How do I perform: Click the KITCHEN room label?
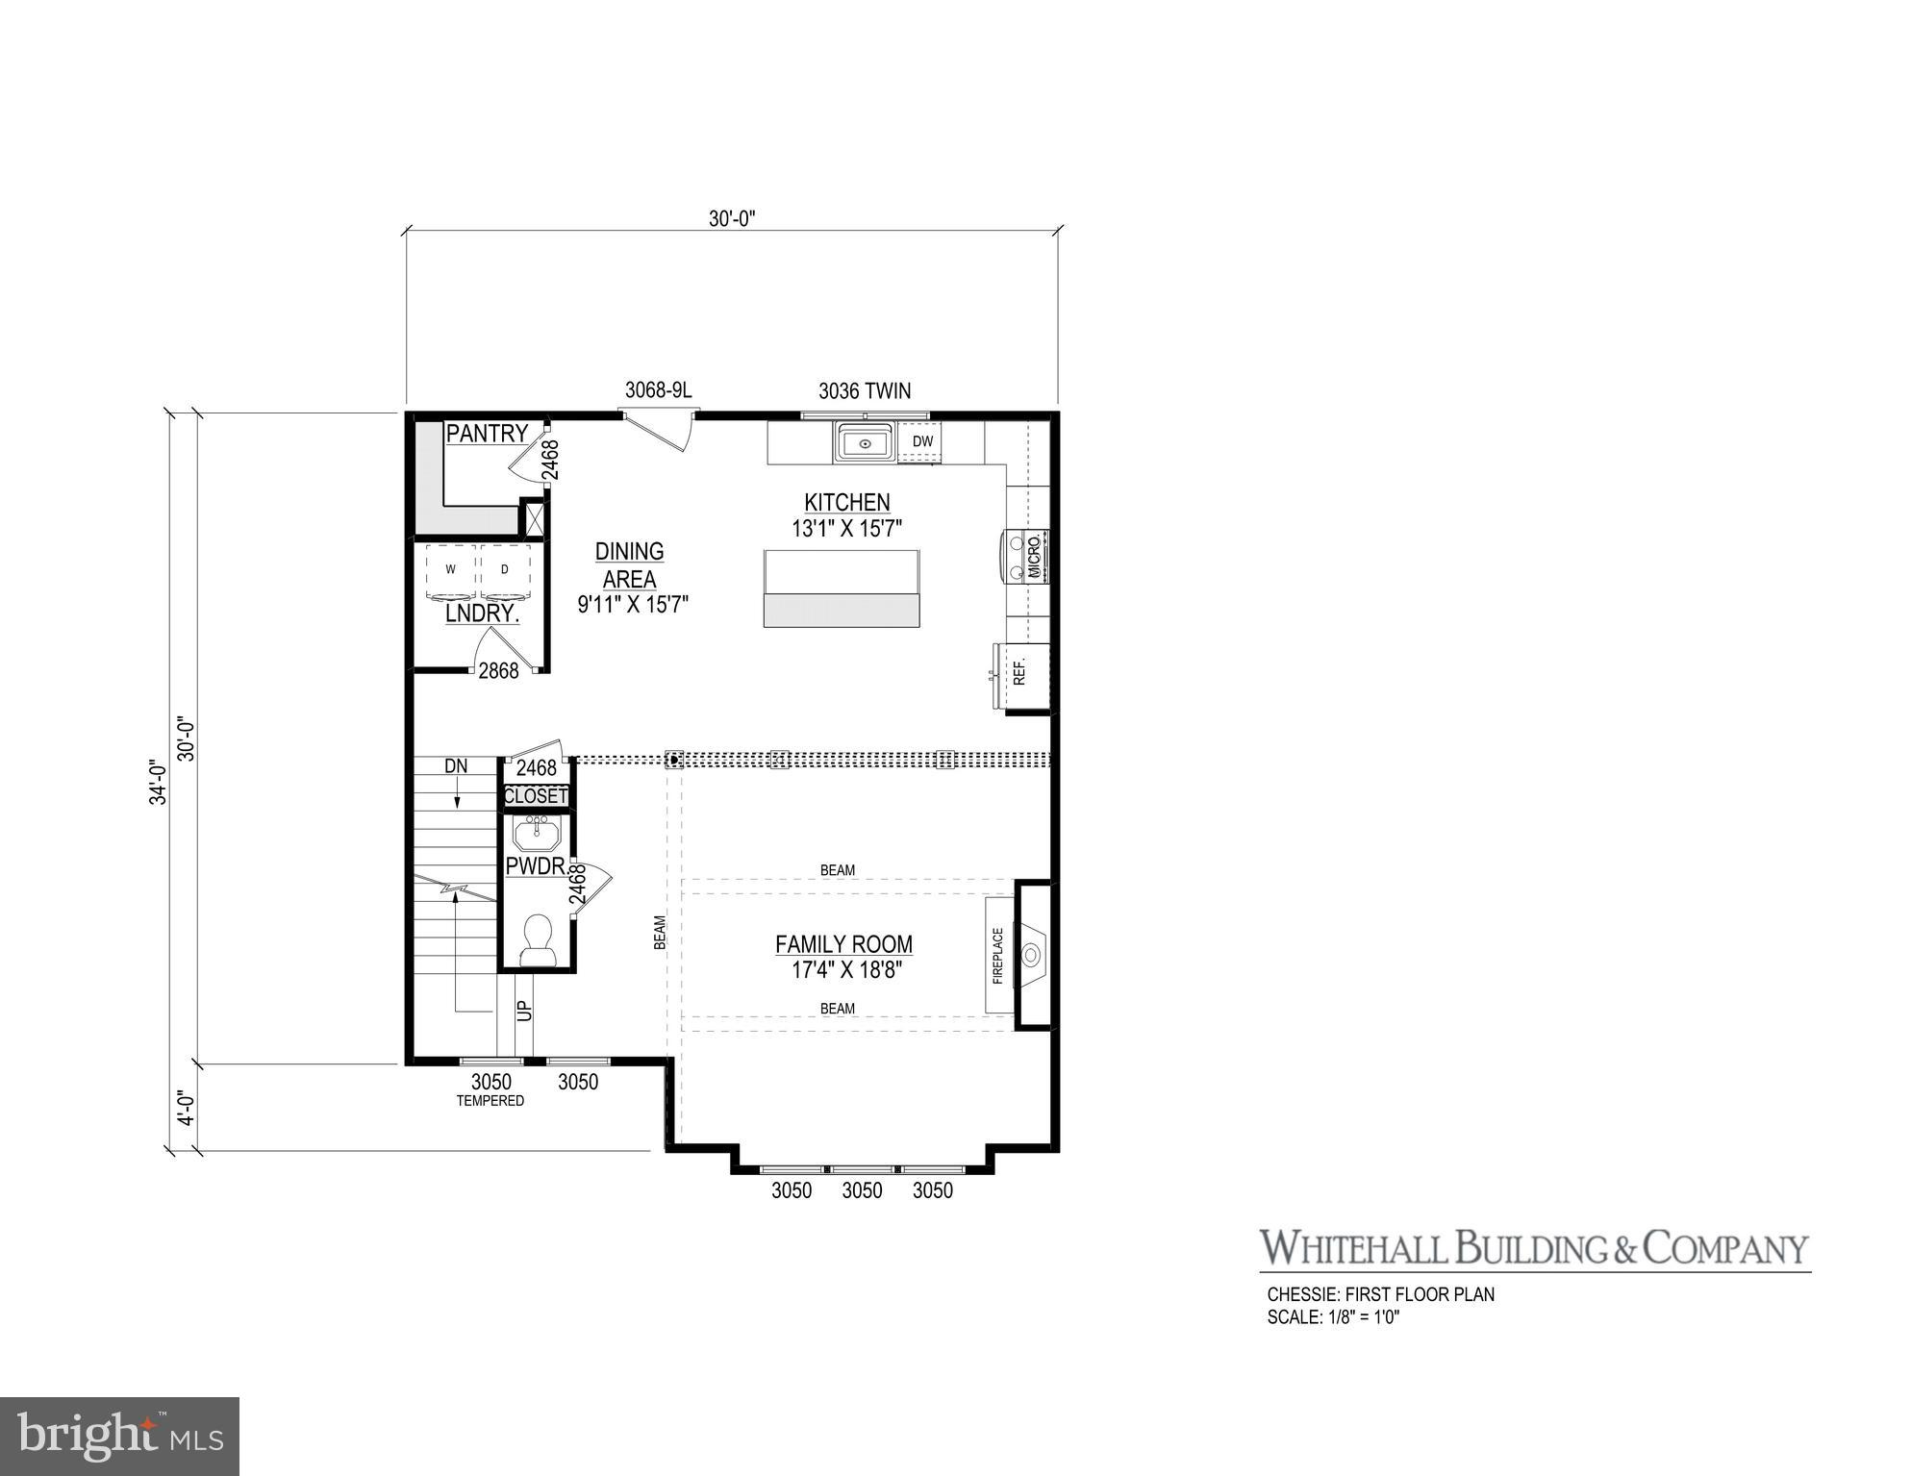coord(846,502)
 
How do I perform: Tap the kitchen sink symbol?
coord(865,443)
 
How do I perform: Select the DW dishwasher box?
coord(922,442)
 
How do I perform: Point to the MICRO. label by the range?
coord(1035,557)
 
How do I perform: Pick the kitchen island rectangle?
coord(842,588)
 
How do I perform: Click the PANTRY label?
coord(487,434)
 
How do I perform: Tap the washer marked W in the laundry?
coord(449,571)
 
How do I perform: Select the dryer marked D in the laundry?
coord(504,571)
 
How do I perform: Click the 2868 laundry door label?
coord(498,671)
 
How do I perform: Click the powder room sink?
coord(536,832)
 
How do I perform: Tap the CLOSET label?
coord(536,796)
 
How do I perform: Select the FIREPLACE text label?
coord(997,955)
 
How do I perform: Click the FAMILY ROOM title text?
coord(843,944)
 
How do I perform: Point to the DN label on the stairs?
coord(456,766)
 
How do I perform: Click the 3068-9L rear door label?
coord(658,389)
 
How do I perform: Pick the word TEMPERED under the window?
coord(490,1101)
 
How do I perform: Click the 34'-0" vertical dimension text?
coord(159,782)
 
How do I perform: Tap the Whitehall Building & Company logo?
coord(1534,1248)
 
